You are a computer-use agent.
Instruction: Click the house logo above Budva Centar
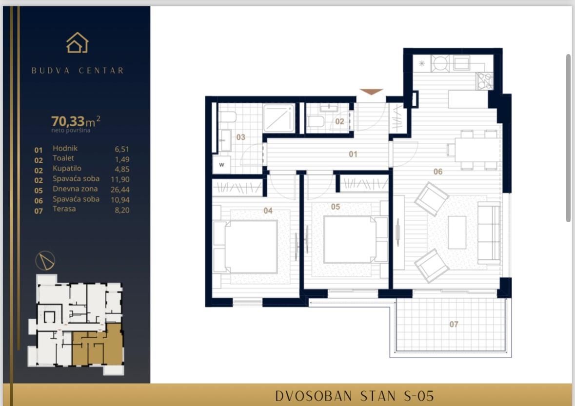tap(77, 43)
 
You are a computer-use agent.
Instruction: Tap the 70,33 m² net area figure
tap(76, 121)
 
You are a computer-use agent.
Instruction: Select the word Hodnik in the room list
tap(65, 148)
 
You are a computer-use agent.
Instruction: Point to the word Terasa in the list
tap(64, 209)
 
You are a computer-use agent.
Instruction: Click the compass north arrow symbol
tap(45, 261)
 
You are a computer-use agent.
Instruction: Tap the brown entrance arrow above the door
tap(371, 92)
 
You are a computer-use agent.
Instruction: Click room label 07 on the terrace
tap(454, 324)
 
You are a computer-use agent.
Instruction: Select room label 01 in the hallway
tap(353, 154)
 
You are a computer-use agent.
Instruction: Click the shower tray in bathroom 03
tap(279, 118)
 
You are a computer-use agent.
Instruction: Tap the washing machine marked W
tap(221, 165)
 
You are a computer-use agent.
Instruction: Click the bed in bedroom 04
tap(250, 246)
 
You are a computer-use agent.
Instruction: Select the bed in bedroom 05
tap(350, 239)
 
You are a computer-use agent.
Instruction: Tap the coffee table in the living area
tap(456, 232)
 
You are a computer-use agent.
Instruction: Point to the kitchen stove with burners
tap(484, 80)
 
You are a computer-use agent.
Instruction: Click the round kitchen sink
tap(440, 63)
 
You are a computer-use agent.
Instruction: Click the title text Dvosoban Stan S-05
tap(354, 395)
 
